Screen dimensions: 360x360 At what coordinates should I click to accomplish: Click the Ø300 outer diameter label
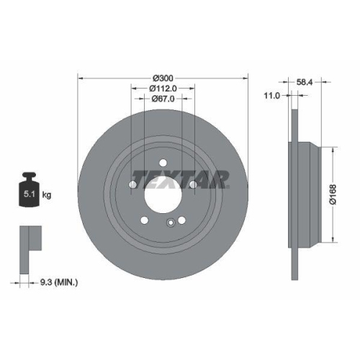163,78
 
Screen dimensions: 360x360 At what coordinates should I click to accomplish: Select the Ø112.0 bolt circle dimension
163,89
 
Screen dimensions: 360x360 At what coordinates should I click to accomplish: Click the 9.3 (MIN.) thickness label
59,284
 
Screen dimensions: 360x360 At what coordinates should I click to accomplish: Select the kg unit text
46,194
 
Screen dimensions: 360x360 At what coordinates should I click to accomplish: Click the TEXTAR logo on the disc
180,177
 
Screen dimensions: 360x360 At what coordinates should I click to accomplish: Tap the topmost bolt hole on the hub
163,163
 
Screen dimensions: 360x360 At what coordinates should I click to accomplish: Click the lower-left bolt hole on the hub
145,220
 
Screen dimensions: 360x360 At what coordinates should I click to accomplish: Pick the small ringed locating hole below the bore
171,222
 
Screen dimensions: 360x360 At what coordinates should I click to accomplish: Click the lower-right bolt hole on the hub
181,220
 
